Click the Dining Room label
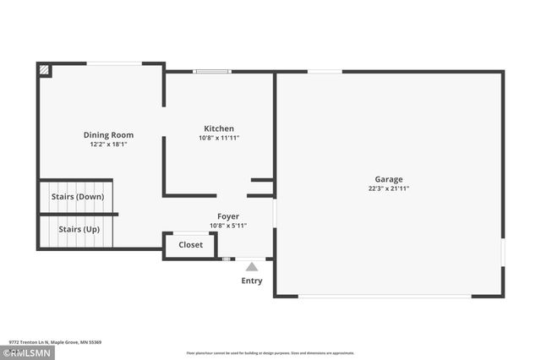pyautogui.click(x=108, y=135)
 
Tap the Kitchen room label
pyautogui.click(x=219, y=128)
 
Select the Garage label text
pyautogui.click(x=389, y=179)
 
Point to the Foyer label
pyautogui.click(x=228, y=216)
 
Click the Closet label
pyautogui.click(x=190, y=245)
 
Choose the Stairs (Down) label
pyautogui.click(x=78, y=197)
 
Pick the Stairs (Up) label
pyautogui.click(x=79, y=229)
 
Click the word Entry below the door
pyautogui.click(x=252, y=281)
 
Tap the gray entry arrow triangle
pyautogui.click(x=252, y=267)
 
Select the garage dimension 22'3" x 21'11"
pyautogui.click(x=389, y=188)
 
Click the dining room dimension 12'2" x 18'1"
pyautogui.click(x=108, y=145)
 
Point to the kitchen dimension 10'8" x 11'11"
pyautogui.click(x=219, y=138)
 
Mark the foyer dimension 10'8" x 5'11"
pyautogui.click(x=228, y=226)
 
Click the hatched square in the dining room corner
pyautogui.click(x=44, y=71)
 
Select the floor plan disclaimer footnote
pyautogui.click(x=270, y=352)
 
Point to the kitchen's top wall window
pyautogui.click(x=212, y=71)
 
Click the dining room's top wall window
pyautogui.click(x=114, y=63)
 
